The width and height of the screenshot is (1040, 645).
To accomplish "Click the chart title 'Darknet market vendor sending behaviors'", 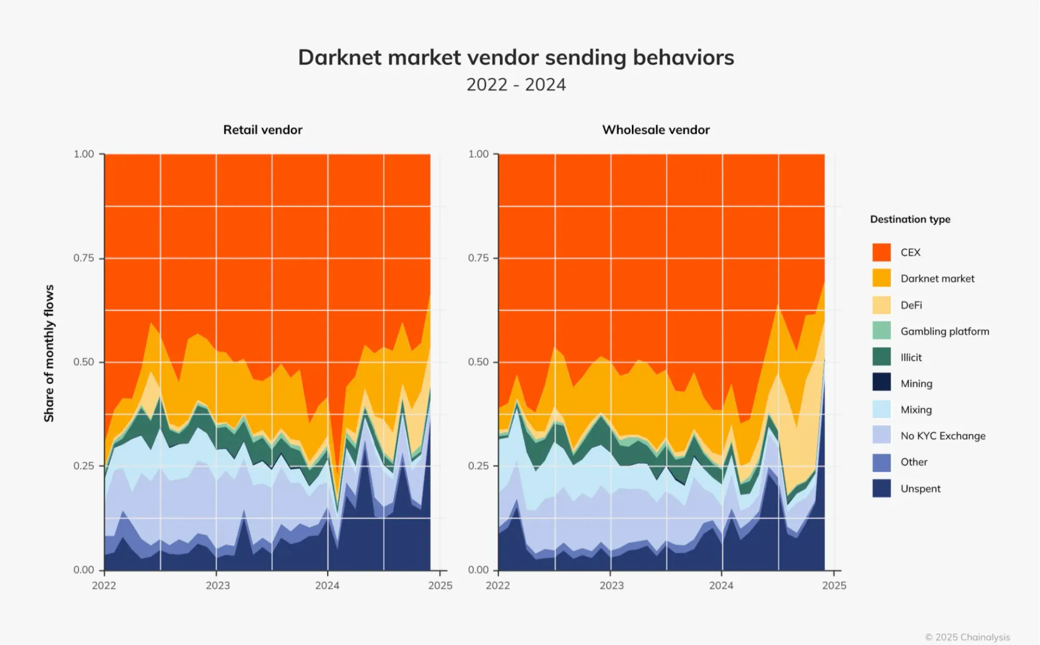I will (x=516, y=58).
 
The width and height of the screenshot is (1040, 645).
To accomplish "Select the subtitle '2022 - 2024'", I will (x=516, y=85).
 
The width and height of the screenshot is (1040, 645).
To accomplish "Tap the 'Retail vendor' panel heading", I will (x=263, y=130).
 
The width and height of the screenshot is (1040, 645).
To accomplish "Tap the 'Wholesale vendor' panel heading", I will (x=656, y=130).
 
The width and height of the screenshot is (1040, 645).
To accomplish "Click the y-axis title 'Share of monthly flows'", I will (x=49, y=353).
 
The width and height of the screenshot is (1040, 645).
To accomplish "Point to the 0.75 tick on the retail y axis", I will (x=84, y=258).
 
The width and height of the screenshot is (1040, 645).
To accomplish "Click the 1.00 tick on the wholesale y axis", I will (x=478, y=154).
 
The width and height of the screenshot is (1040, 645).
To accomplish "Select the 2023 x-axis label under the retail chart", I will (x=217, y=586).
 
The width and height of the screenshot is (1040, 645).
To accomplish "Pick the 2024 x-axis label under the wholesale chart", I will (x=721, y=586).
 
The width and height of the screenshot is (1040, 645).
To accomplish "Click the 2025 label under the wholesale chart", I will (x=834, y=586).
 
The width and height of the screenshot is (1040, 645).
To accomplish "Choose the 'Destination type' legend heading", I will (x=910, y=219).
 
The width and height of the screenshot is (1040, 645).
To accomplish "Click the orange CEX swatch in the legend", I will (x=881, y=253).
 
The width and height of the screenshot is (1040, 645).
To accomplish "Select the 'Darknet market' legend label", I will (x=938, y=279).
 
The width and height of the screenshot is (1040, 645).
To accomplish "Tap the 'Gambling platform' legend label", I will (x=945, y=332).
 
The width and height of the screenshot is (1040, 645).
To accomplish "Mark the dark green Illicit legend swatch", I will (x=881, y=358).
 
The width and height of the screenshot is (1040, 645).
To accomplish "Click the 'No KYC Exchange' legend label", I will (x=943, y=436).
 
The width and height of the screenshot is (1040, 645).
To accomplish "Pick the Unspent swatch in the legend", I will (x=881, y=489).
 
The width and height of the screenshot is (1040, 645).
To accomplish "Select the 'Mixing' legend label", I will (x=916, y=410).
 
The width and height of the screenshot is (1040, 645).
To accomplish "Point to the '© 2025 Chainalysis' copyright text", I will (x=967, y=637).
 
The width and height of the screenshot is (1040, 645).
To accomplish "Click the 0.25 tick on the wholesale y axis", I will (x=478, y=466).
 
